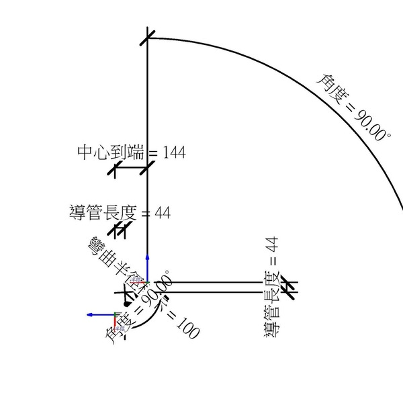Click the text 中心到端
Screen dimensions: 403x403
[111, 152]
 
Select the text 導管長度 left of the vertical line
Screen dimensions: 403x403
[103, 213]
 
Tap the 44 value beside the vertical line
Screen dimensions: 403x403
[163, 213]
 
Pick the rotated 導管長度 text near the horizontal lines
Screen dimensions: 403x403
[273, 304]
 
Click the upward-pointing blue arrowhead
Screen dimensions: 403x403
[147, 259]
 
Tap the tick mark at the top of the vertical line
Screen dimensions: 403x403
[148, 38]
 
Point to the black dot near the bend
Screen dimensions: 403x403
[126, 304]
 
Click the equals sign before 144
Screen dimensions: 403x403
[152, 153]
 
